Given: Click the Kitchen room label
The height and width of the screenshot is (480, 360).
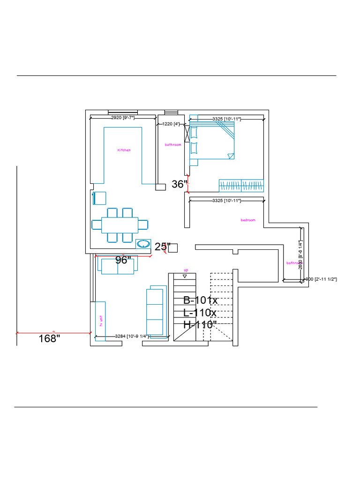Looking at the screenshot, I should click(x=124, y=150).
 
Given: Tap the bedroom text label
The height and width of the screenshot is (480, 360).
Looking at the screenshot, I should click(x=248, y=220).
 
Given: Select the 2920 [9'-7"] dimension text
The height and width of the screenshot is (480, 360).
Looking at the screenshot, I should click(x=122, y=118).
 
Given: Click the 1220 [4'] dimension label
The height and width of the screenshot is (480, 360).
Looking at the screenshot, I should click(x=171, y=124).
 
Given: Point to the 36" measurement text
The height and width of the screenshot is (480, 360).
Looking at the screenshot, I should click(x=179, y=184).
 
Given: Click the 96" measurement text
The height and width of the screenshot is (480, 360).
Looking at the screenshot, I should click(x=123, y=261).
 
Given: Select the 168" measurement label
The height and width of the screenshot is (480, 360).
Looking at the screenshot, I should click(x=49, y=338).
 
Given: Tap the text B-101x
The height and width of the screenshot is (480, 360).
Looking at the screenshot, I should click(x=200, y=300).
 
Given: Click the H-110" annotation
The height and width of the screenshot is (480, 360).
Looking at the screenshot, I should click(x=200, y=324).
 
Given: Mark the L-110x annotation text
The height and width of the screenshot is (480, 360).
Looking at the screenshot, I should click(x=200, y=313).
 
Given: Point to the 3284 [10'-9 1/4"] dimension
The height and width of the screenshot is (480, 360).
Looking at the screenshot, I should click(x=132, y=337).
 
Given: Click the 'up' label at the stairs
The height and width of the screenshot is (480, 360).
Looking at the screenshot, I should click(x=186, y=270).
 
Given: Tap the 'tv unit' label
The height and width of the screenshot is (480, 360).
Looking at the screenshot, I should click(x=100, y=321).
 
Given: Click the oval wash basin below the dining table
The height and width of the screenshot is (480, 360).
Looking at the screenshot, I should click(x=143, y=244).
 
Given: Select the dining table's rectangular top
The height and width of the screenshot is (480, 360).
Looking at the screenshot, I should click(x=120, y=225).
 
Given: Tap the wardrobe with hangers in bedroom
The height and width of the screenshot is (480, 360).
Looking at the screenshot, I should click(x=241, y=185).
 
